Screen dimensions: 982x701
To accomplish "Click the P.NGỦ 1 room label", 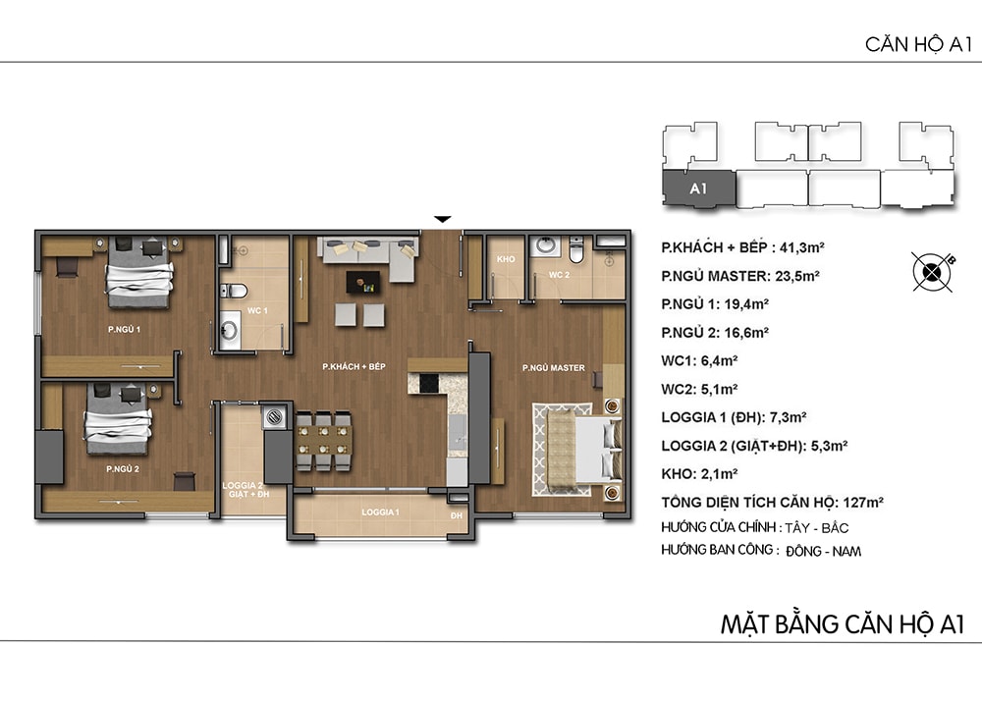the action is (124, 329).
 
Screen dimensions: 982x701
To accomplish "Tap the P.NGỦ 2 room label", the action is (123, 468).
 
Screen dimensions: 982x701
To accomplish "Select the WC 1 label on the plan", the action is (256, 310).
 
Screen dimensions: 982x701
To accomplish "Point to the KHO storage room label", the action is (506, 259).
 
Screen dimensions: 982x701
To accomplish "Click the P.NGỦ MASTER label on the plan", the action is (554, 368).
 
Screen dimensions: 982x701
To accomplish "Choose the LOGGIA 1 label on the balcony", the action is (380, 512).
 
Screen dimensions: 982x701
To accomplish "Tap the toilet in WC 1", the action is (233, 291).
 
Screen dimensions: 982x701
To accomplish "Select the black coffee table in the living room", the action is (363, 283).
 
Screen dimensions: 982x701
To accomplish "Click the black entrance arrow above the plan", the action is (443, 219).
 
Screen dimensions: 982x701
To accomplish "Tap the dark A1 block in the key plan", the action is (698, 188).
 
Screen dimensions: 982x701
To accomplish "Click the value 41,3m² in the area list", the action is (801, 247).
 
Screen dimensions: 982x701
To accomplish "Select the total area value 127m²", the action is (863, 502).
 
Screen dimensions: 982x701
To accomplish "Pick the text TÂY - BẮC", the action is (817, 527).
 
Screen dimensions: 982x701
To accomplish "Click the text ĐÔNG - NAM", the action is (824, 551).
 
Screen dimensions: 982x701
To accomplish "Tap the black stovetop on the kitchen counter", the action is (429, 383).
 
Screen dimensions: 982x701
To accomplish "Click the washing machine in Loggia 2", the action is (274, 417).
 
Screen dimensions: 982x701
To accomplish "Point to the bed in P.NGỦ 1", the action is (139, 272).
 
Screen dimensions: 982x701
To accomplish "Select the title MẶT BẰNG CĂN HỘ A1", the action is (843, 624).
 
